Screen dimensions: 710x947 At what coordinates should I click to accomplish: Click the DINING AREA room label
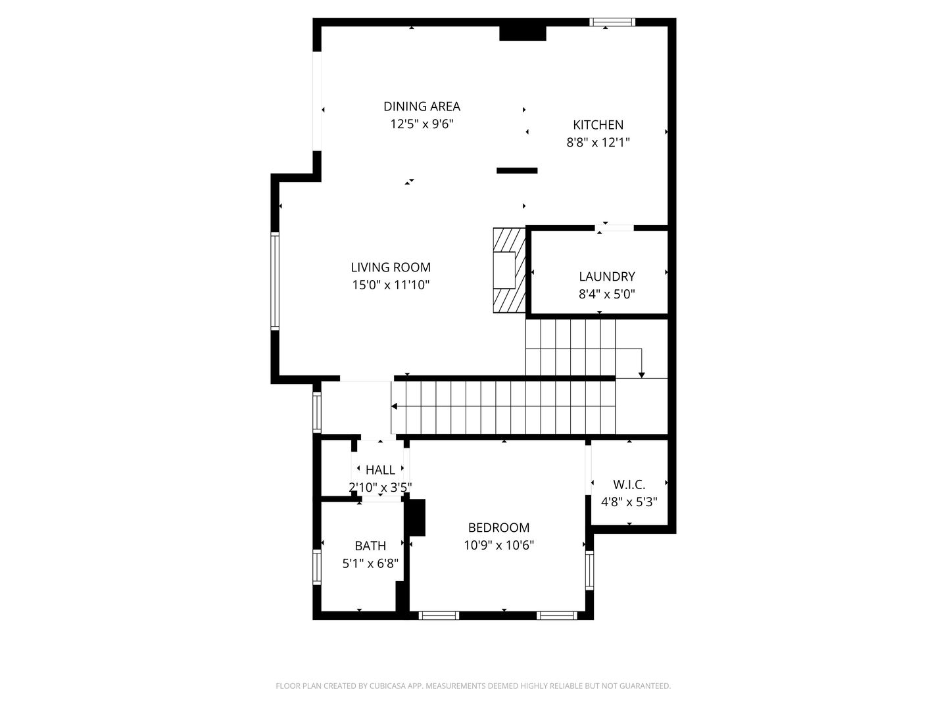422,106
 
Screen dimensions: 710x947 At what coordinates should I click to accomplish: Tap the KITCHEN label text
598,125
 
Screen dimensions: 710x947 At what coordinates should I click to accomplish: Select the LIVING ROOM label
391,268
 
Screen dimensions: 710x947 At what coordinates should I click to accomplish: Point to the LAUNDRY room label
606,277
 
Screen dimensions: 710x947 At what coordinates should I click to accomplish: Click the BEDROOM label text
498,527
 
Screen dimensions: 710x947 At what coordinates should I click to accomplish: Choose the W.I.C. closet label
629,485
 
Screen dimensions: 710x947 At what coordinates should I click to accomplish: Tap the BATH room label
370,546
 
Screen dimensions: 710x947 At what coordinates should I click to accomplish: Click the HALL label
380,470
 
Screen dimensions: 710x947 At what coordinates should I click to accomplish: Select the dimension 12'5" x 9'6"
422,124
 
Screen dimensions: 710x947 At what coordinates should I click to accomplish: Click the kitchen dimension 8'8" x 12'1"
598,142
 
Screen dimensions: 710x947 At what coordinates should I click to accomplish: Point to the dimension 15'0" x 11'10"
391,285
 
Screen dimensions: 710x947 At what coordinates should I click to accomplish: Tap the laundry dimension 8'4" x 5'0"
606,294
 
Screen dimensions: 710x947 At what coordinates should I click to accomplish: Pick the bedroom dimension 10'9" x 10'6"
498,545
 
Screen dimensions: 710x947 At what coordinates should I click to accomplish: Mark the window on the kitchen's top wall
612,22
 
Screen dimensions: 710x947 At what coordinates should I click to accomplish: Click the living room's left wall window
275,281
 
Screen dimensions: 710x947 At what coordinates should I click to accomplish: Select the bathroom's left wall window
316,568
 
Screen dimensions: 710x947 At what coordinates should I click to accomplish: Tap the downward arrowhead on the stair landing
642,373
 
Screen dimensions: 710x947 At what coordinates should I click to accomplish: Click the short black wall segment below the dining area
517,171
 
